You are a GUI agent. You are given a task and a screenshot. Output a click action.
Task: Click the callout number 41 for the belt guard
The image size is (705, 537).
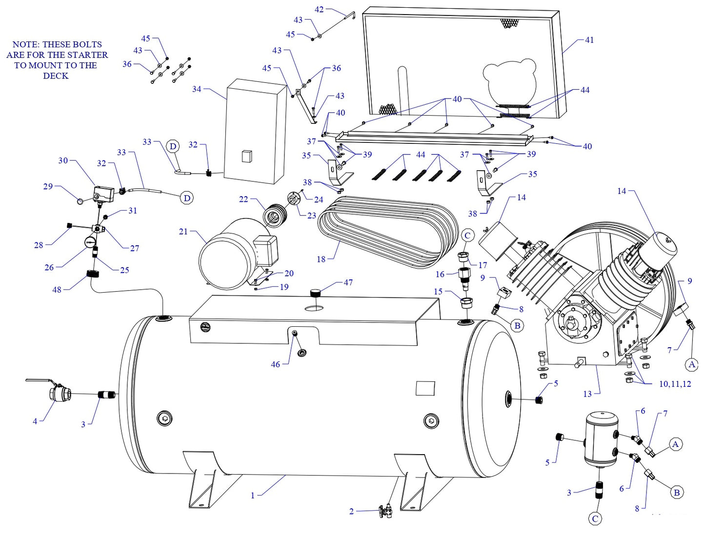(x=589, y=40)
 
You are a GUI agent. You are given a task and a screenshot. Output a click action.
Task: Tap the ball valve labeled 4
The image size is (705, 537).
(x=60, y=393)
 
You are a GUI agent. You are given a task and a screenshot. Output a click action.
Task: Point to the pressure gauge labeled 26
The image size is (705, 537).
(x=90, y=242)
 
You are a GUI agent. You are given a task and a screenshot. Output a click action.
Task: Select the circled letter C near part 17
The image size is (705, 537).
(x=467, y=236)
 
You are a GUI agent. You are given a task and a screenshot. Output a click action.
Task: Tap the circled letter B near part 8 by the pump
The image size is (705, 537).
(x=517, y=325)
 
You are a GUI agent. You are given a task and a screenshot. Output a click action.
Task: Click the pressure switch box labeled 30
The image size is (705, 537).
(x=103, y=194)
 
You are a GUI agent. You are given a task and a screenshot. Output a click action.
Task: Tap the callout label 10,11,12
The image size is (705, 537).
(x=675, y=384)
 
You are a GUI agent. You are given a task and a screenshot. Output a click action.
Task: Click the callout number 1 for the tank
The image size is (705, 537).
(x=253, y=496)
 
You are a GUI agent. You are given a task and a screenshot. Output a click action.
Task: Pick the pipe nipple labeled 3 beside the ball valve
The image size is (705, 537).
(x=106, y=395)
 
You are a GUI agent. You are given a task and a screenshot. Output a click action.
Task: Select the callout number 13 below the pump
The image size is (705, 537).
(x=587, y=394)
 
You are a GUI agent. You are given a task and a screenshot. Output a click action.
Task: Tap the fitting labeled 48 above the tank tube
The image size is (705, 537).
(x=93, y=274)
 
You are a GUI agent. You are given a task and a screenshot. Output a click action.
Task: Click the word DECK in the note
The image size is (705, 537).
(x=56, y=76)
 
